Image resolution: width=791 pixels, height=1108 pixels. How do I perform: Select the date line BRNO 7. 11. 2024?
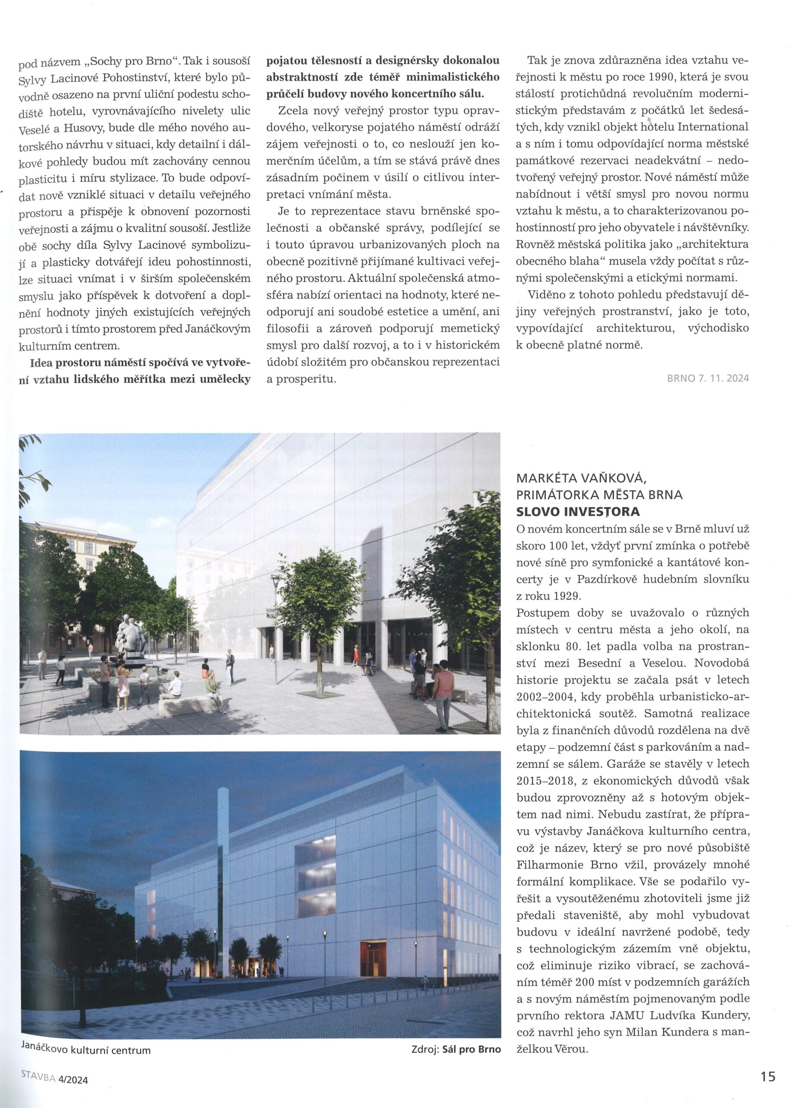708,378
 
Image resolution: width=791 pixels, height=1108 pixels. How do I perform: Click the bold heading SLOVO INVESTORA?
578,512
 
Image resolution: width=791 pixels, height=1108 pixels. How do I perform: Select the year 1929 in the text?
567,596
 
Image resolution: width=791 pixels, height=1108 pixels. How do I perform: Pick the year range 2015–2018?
545,780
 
